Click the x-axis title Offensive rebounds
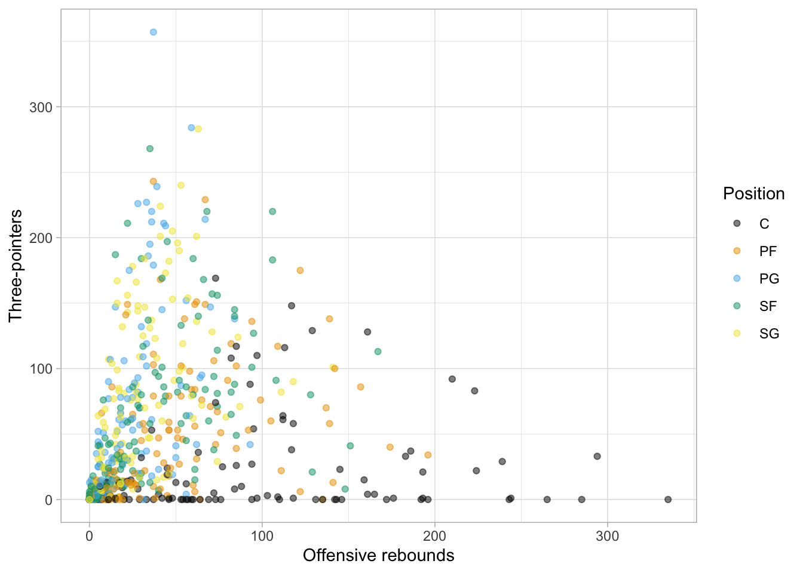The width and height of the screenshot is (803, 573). click(x=378, y=556)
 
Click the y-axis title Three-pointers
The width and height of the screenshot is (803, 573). click(x=16, y=266)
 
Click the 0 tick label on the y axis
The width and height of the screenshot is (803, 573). click(x=49, y=500)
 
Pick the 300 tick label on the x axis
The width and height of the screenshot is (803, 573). click(x=608, y=536)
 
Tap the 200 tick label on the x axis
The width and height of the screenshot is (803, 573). click(x=434, y=536)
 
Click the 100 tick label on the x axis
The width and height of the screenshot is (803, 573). click(x=262, y=536)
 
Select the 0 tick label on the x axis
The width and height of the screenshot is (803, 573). click(x=90, y=536)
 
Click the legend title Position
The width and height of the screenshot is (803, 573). click(x=753, y=194)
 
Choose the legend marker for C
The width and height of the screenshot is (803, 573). click(x=737, y=223)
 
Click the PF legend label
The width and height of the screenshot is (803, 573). click(x=768, y=251)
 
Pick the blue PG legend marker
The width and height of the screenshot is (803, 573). click(x=737, y=278)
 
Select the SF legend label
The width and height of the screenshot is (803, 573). click(x=768, y=306)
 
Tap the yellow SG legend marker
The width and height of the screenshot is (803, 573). click(x=737, y=333)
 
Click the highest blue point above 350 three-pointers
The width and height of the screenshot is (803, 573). click(x=153, y=32)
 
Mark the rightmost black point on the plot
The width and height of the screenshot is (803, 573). click(x=668, y=500)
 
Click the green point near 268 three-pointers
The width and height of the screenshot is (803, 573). click(x=150, y=149)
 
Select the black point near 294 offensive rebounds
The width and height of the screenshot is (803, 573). click(x=597, y=457)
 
